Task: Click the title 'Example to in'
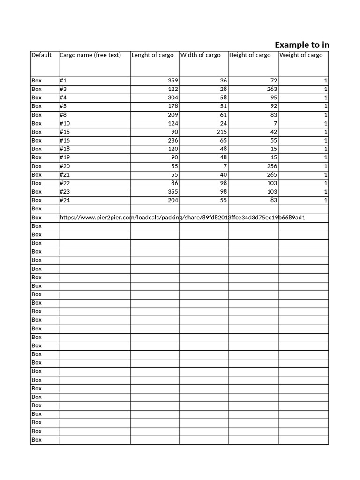point(301,45)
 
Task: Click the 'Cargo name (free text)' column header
point(90,55)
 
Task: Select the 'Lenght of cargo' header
point(152,55)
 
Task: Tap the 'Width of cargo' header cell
point(200,55)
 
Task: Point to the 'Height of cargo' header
point(250,55)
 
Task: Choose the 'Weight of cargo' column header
point(301,55)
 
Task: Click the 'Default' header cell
point(41,55)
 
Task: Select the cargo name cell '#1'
point(63,81)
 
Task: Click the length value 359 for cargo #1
point(173,81)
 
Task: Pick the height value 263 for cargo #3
point(272,89)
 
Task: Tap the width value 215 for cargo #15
point(221,132)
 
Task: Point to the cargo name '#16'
point(65,140)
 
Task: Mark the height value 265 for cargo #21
point(272,174)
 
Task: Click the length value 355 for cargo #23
point(173,192)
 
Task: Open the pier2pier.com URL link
point(186,217)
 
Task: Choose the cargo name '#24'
point(65,200)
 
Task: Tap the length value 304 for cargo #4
point(173,97)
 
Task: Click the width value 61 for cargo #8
point(223,115)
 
